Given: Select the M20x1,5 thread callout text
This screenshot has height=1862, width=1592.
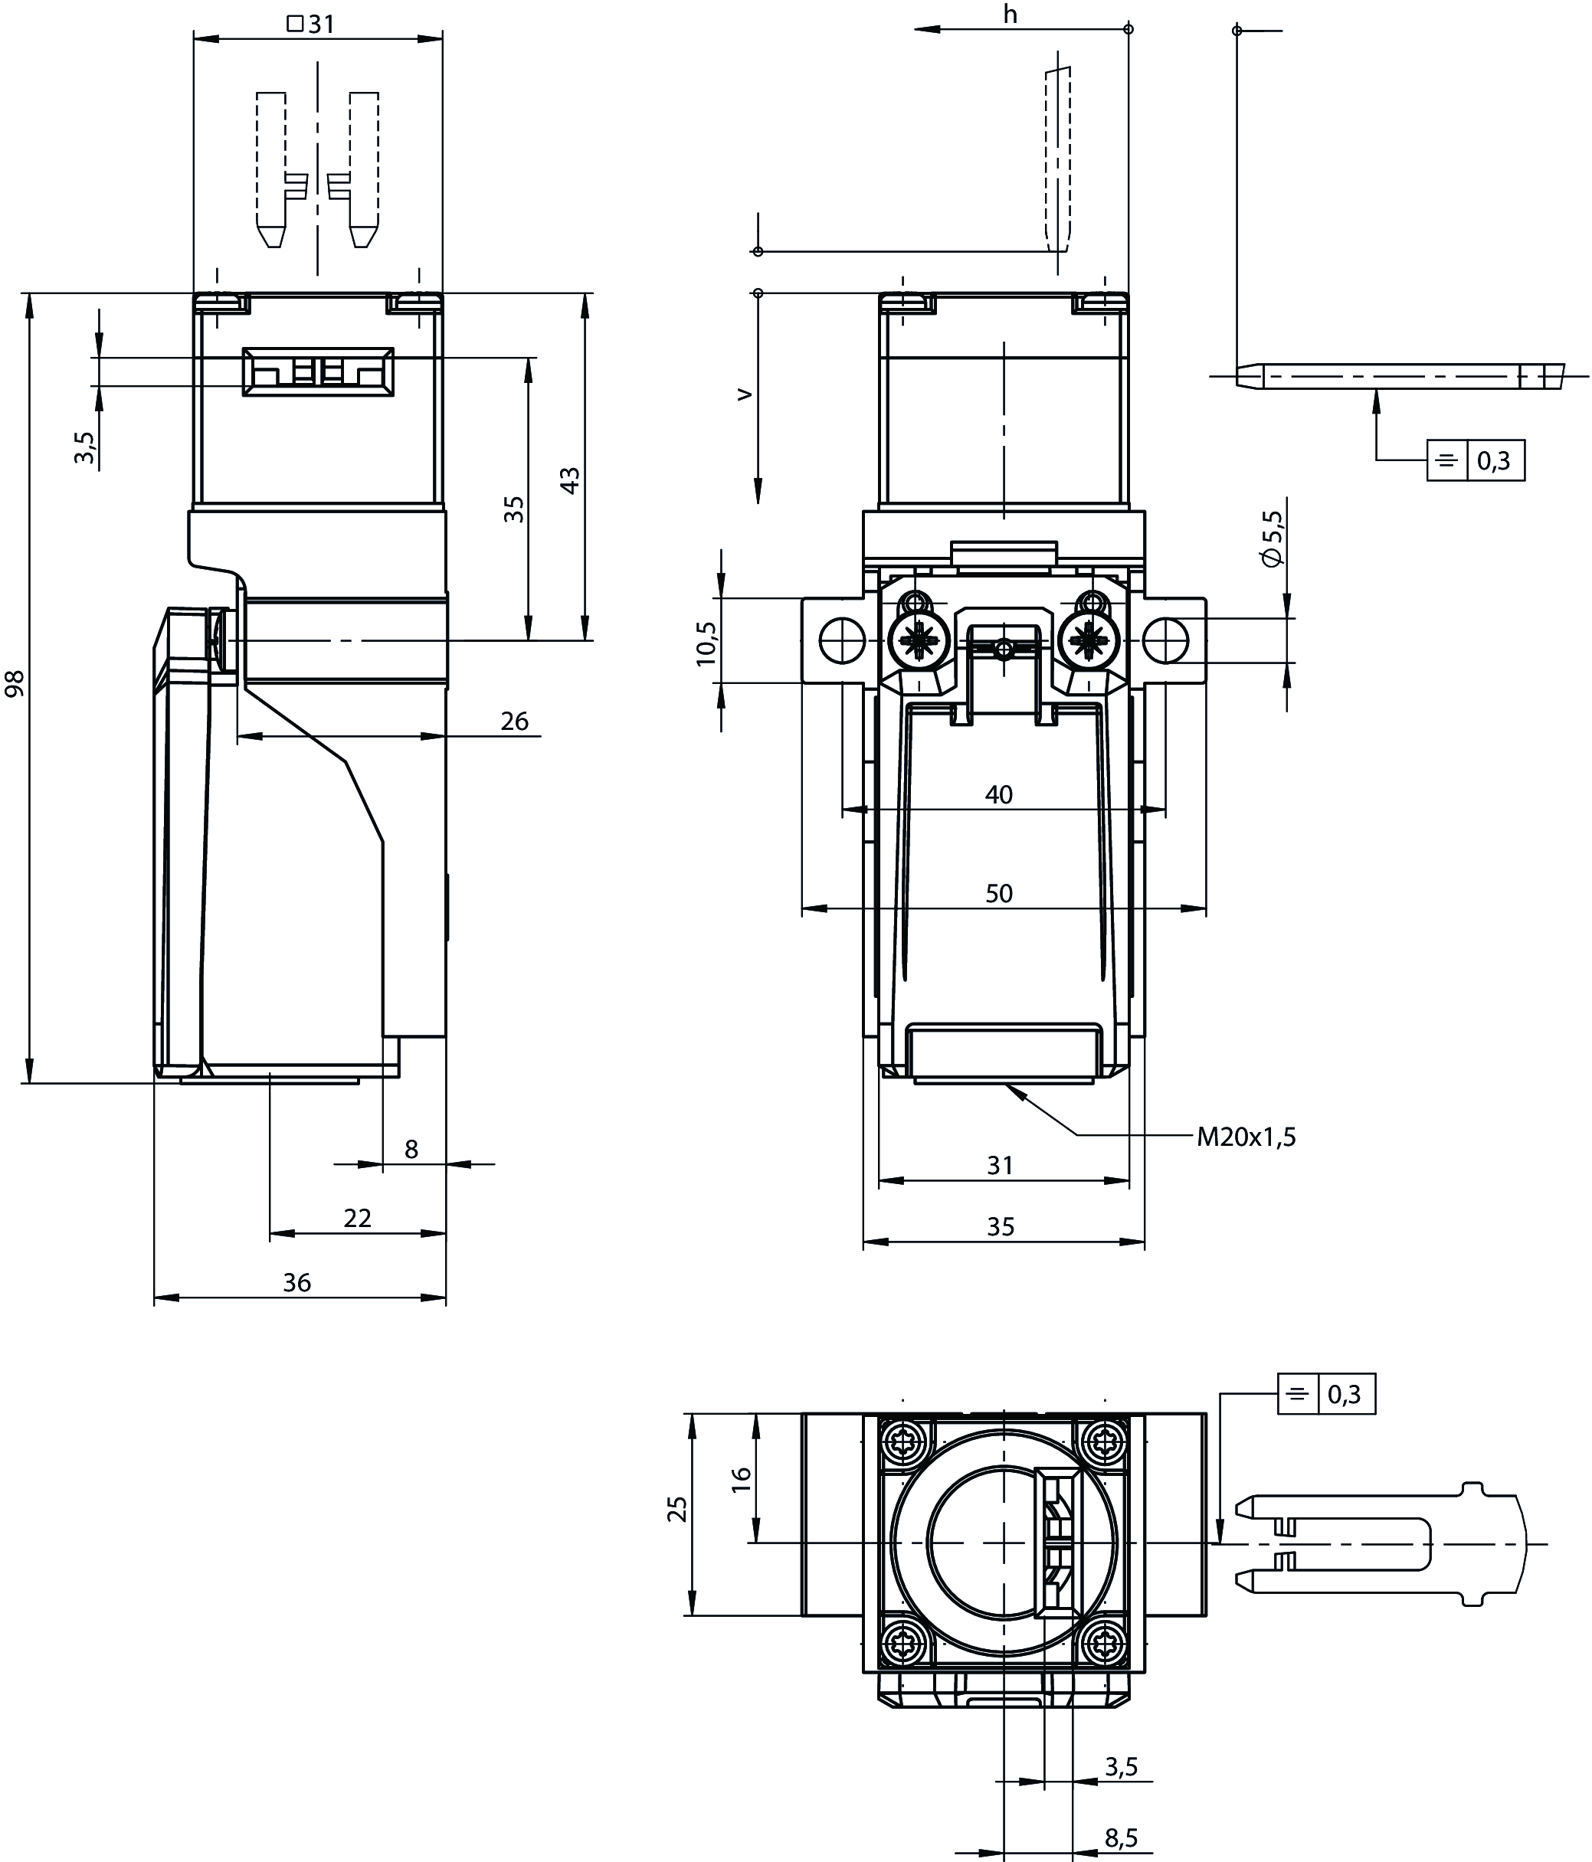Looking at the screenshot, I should (x=1246, y=1137).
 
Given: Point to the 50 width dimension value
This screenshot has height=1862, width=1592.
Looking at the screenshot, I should (x=999, y=893).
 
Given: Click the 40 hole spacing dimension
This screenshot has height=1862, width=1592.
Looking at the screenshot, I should (x=999, y=794).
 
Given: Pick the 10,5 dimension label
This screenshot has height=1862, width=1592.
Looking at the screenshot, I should (x=706, y=643).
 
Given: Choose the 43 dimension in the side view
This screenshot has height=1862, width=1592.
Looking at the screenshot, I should (x=570, y=480).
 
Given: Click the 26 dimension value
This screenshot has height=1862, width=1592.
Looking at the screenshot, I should (x=514, y=721).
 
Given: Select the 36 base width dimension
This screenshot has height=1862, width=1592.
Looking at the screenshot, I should (x=296, y=1282).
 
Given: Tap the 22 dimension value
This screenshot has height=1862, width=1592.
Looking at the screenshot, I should (x=357, y=1218).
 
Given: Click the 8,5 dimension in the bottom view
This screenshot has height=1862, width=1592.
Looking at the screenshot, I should (x=1122, y=1838).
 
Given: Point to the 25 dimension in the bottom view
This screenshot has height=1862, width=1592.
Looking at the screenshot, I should (x=678, y=1509).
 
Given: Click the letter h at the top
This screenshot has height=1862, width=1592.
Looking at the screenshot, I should (x=1011, y=15).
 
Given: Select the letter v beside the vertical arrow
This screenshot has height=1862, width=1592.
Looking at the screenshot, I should (x=743, y=394).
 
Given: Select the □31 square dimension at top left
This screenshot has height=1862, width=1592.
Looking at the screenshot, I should (x=311, y=25).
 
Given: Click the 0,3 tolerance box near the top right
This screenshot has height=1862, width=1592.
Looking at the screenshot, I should (x=1494, y=461).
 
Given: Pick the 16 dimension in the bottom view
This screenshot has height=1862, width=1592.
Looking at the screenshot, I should (x=742, y=1479).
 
